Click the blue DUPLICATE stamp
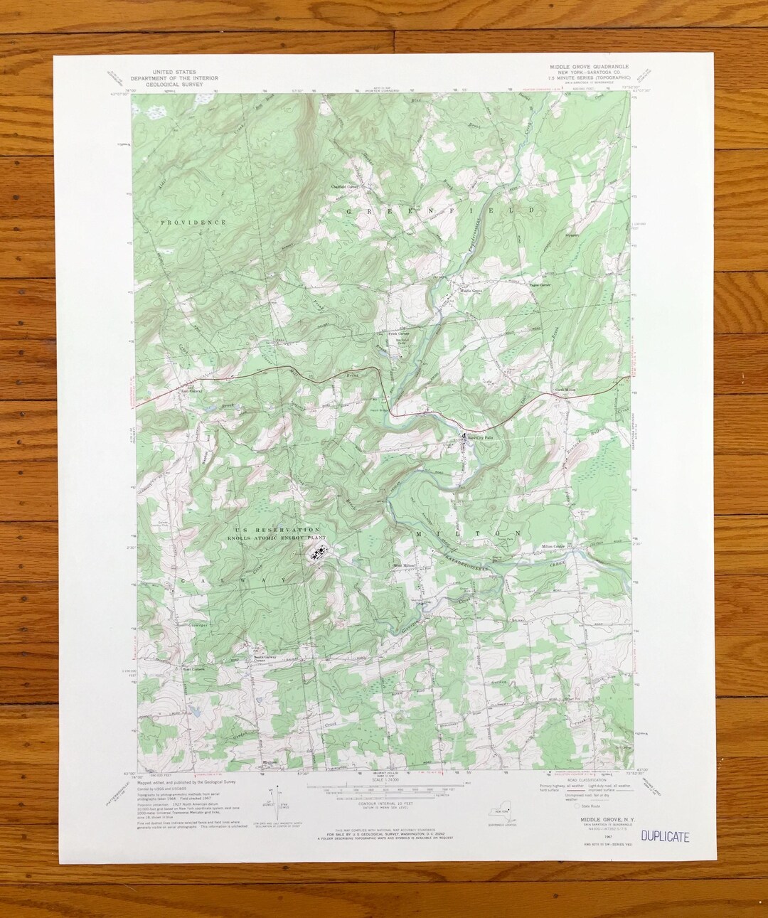coord(664,837)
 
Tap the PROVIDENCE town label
coord(193,223)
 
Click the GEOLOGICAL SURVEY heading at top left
coord(174,84)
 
